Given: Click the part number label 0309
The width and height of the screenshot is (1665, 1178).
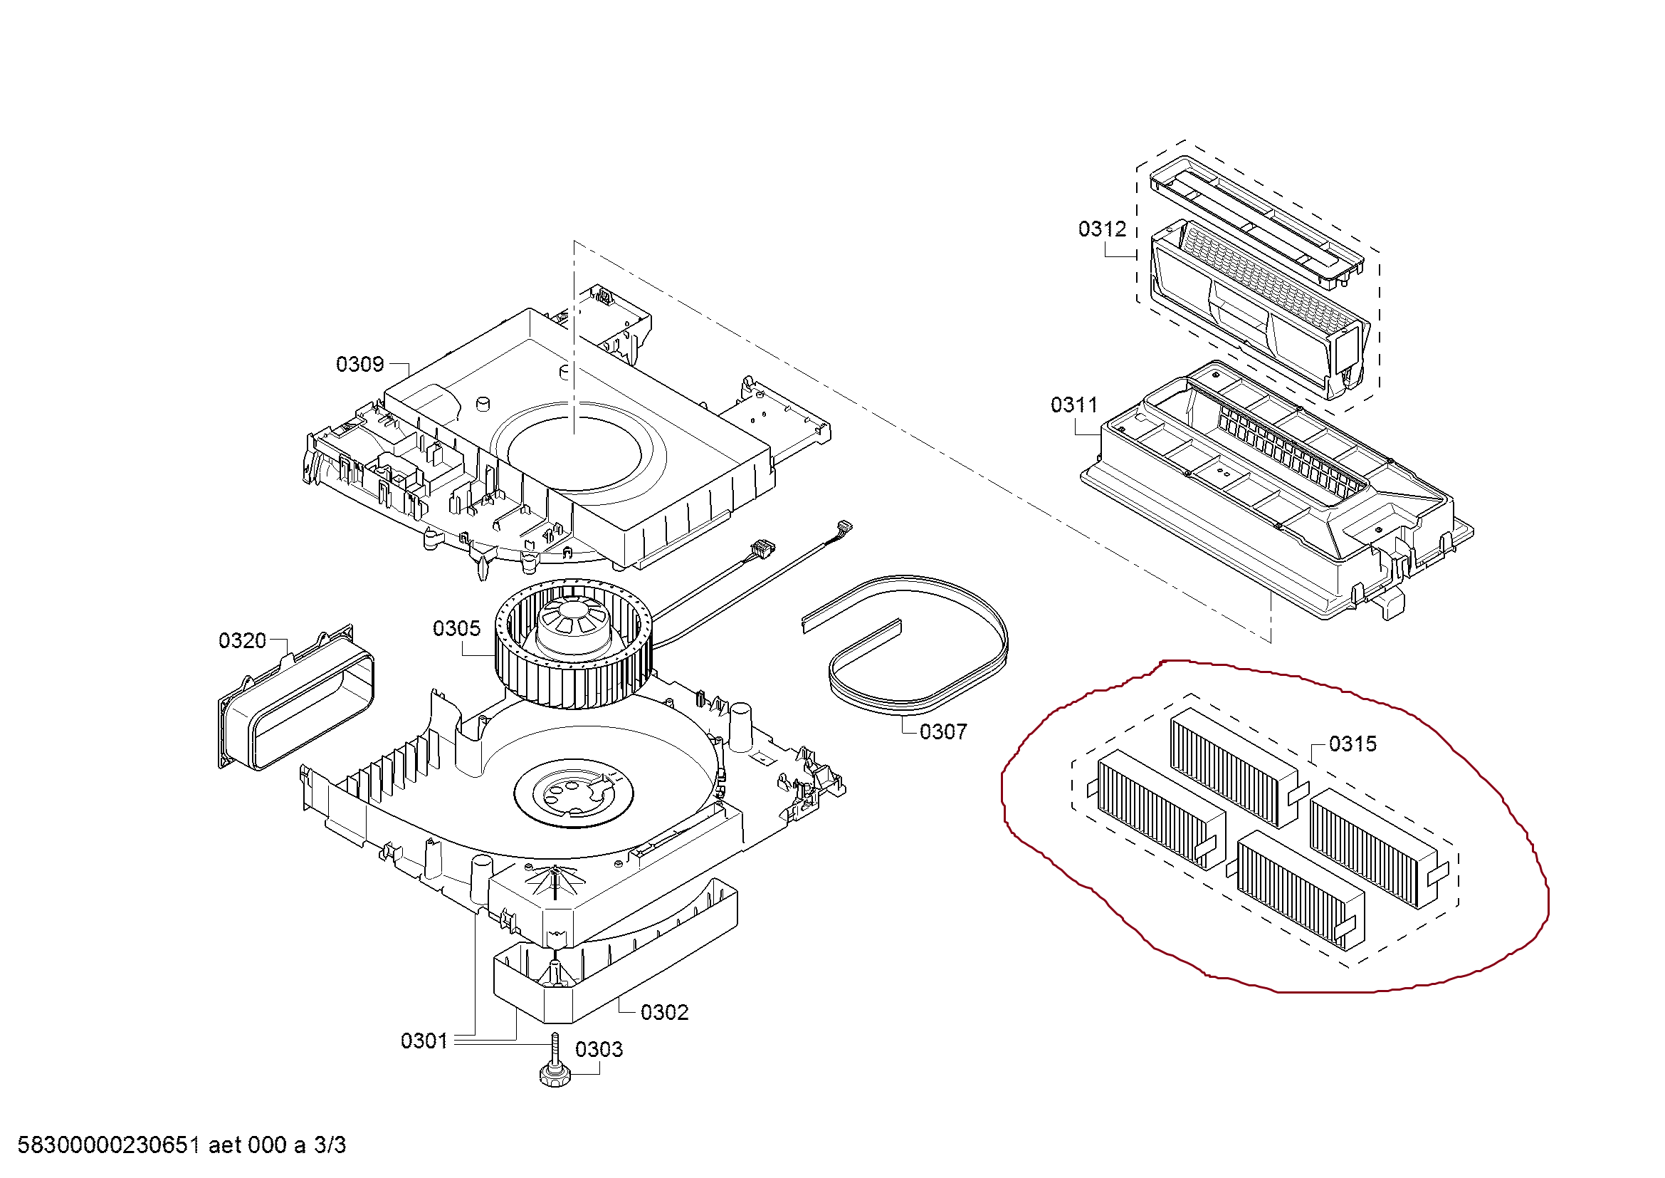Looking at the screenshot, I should (x=359, y=364).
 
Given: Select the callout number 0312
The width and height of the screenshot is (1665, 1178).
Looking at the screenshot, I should (x=1101, y=229).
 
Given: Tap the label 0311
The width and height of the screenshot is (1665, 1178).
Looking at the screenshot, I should (x=1074, y=405).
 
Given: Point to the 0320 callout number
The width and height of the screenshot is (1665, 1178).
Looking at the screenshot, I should (x=242, y=641).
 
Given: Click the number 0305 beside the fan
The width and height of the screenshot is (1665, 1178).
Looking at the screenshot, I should (x=456, y=629).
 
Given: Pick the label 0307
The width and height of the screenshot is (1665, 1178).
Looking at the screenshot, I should (x=942, y=732).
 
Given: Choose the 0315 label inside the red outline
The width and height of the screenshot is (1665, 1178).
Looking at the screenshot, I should (x=1353, y=744).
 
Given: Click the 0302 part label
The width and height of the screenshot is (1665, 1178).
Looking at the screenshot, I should (x=664, y=1013).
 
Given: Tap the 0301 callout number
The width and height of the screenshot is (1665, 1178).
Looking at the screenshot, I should (x=424, y=1042).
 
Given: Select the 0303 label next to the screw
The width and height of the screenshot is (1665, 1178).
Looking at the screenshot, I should (x=598, y=1050).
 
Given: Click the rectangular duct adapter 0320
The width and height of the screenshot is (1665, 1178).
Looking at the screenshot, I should (x=298, y=700).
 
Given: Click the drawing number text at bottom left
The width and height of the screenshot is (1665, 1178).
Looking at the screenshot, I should (x=182, y=1145).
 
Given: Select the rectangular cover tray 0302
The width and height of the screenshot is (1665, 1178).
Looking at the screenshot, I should (x=616, y=957).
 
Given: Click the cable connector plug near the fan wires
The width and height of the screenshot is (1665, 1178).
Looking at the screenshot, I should (x=762, y=548).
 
